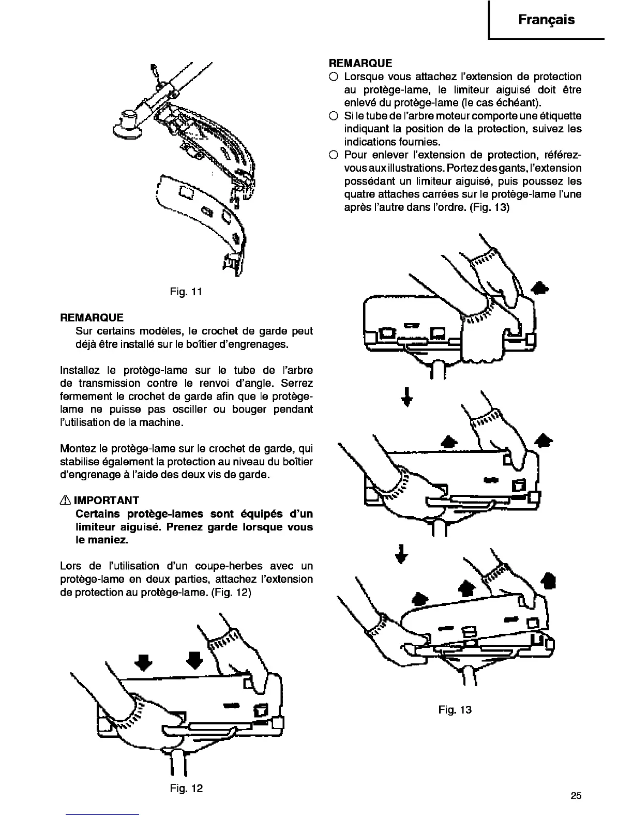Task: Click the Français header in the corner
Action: coord(546,20)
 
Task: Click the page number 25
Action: coord(576,796)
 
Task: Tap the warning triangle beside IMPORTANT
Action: coord(66,500)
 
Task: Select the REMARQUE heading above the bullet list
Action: coord(360,63)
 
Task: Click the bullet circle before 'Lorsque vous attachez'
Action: coord(334,77)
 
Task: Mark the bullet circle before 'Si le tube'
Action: coord(334,115)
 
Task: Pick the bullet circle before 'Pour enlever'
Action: coord(334,155)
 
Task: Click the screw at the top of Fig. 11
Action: coord(154,69)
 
